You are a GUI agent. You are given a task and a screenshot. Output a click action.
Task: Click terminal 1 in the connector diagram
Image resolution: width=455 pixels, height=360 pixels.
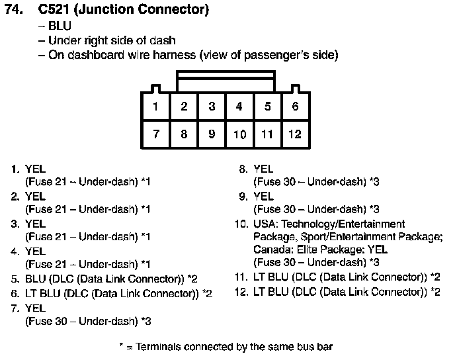155,107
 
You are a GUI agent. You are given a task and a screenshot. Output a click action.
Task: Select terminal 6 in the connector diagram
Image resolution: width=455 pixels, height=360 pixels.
295,107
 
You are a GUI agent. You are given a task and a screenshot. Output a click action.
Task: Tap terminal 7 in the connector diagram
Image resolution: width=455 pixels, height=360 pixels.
155,134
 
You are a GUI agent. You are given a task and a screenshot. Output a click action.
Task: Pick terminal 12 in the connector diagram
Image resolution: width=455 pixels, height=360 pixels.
295,134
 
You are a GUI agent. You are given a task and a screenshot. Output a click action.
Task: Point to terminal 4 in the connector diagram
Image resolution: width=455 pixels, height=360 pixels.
239,107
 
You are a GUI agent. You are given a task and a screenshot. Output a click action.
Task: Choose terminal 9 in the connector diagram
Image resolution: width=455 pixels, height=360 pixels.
212,134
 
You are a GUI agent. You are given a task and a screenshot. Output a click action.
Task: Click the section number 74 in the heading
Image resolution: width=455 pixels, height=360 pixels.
13,9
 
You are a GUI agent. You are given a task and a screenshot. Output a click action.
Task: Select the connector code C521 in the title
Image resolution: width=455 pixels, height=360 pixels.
54,9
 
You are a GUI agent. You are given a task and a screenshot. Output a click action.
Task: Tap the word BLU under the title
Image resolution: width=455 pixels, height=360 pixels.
60,26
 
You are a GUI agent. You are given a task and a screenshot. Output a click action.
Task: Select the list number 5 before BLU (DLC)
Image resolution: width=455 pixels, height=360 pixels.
15,279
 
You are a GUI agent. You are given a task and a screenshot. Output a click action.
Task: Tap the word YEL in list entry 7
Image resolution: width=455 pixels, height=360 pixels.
35,308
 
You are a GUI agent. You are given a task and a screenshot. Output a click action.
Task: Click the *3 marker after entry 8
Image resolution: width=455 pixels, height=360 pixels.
374,182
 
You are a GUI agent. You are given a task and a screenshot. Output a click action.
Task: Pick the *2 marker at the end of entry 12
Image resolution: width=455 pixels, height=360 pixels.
435,292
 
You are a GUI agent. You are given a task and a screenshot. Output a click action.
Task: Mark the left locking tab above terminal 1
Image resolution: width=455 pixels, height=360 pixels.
156,89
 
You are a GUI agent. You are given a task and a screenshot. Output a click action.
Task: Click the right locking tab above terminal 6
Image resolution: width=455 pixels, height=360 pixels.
296,89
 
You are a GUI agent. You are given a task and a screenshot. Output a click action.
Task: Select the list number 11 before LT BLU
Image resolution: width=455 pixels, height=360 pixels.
241,277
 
